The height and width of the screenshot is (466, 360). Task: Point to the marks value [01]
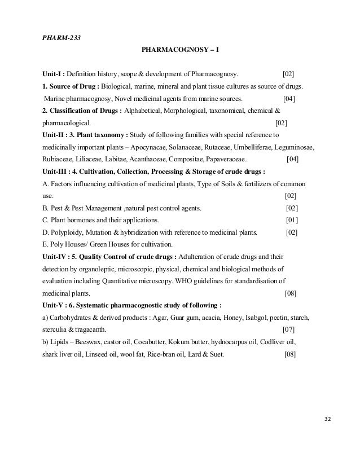[292, 220]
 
